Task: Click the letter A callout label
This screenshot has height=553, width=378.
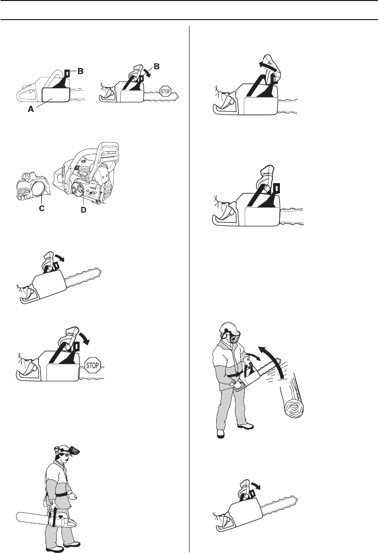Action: coord(31,109)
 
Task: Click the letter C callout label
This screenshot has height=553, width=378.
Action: coord(42,208)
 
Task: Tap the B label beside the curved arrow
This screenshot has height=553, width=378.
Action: coord(156,66)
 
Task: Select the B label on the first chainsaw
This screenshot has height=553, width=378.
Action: coord(81,71)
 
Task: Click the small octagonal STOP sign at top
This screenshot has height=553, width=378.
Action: coord(166,91)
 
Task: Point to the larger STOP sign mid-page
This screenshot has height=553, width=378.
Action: coord(93,366)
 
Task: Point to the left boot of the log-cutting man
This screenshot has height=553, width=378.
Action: coord(220,434)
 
